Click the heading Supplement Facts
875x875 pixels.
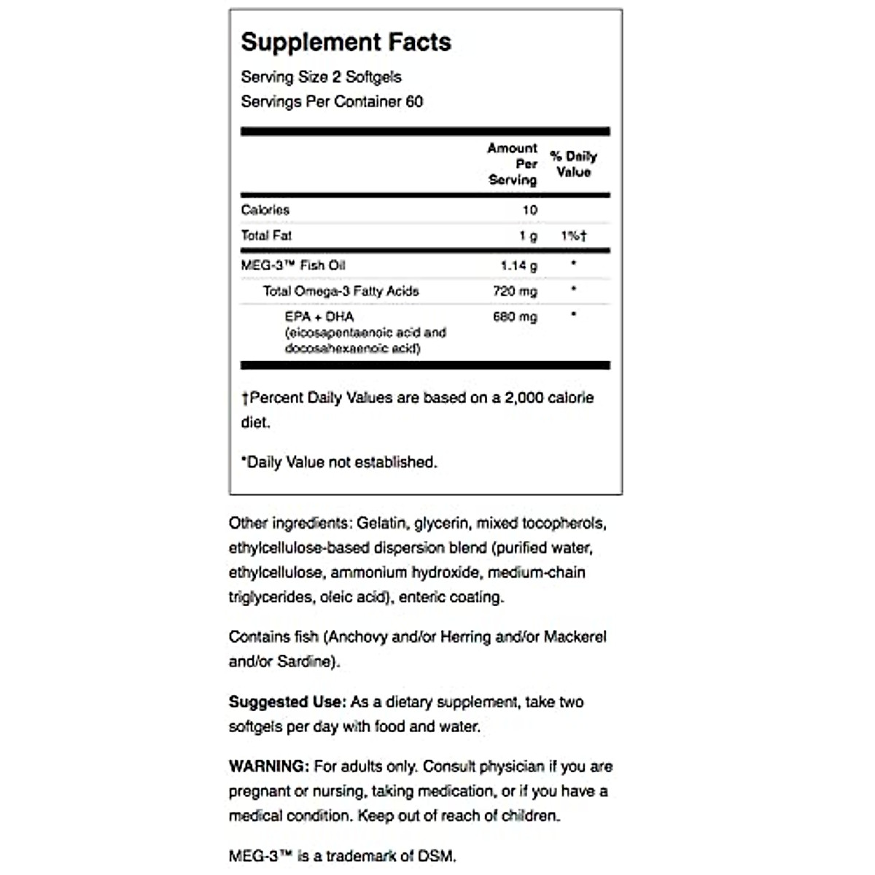346,42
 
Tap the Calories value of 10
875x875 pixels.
529,210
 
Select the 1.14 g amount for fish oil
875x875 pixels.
518,265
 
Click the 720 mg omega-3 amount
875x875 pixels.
515,291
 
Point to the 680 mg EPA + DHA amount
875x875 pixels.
515,316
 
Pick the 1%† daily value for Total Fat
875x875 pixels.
574,236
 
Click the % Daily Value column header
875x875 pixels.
573,164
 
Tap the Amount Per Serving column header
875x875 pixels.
513,164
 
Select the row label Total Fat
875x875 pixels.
266,236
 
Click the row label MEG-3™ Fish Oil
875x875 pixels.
293,265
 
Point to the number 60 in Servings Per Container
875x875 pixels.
414,101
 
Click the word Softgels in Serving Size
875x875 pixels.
373,77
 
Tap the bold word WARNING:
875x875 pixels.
268,766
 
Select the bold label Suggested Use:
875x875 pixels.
287,701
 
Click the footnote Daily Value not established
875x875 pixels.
340,462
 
